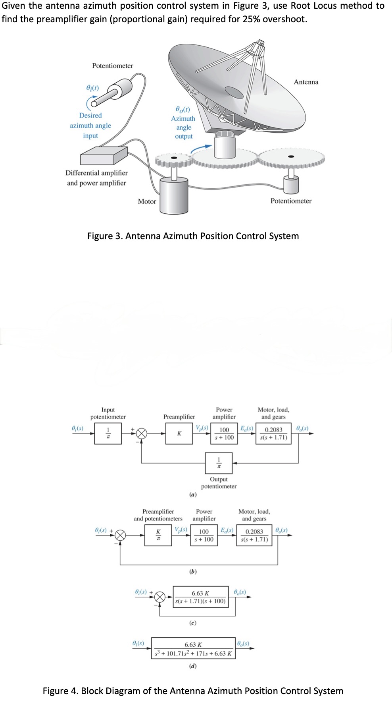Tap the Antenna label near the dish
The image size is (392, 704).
pyautogui.click(x=306, y=82)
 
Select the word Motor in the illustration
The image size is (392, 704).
pyautogui.click(x=147, y=201)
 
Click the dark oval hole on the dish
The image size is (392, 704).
pyautogui.click(x=234, y=93)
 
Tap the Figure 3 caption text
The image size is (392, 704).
pyautogui.click(x=193, y=236)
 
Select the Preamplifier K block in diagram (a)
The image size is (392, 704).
pyautogui.click(x=179, y=433)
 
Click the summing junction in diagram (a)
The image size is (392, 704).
pyautogui.click(x=142, y=433)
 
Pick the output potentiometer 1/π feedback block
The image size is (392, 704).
pyautogui.click(x=219, y=463)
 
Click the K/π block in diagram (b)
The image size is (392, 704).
pyautogui.click(x=158, y=535)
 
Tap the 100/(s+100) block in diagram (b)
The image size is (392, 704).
pyautogui.click(x=204, y=535)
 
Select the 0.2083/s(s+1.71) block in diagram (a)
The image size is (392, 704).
pyautogui.click(x=274, y=433)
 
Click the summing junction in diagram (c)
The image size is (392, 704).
pyautogui.click(x=159, y=597)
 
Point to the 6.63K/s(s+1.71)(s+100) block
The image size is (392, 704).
pyautogui.click(x=200, y=597)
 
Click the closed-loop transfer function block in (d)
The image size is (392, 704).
pyautogui.click(x=193, y=648)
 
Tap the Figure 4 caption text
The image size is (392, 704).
pyautogui.click(x=193, y=691)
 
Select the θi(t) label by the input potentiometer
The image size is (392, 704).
pyautogui.click(x=92, y=87)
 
